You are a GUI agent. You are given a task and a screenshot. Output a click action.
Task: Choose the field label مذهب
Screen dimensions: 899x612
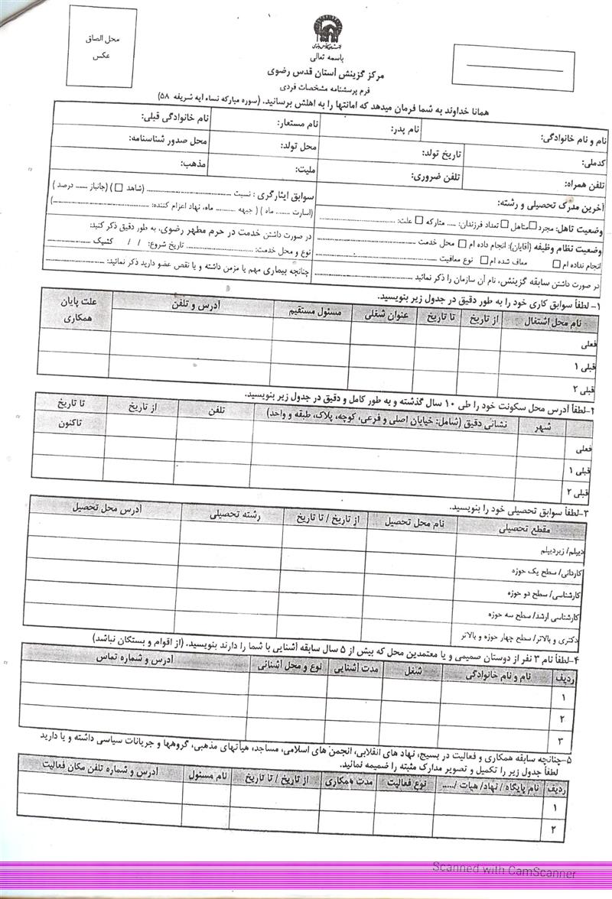click(194, 163)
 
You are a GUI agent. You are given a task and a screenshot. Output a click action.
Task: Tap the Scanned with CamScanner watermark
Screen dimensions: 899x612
click(503, 868)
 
